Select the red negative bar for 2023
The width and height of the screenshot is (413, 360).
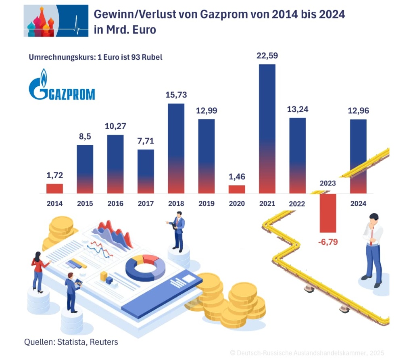pyautogui.click(x=327, y=213)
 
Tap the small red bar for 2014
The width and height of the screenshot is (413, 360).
pyautogui.click(x=54, y=188)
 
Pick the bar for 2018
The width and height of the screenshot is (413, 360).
pyautogui.click(x=176, y=148)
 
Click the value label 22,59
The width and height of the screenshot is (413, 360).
pyautogui.click(x=267, y=56)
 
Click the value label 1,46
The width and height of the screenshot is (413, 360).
pyautogui.click(x=237, y=176)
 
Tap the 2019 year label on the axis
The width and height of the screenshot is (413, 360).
pyautogui.click(x=206, y=204)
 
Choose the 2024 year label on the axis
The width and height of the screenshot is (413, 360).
pyautogui.click(x=358, y=204)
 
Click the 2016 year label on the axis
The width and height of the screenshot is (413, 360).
pyautogui.click(x=115, y=204)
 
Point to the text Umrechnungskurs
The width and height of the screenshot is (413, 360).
pyautogui.click(x=60, y=57)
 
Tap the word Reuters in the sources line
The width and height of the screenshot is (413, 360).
pyautogui.click(x=104, y=342)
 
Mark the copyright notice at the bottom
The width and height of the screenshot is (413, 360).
pyautogui.click(x=307, y=353)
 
